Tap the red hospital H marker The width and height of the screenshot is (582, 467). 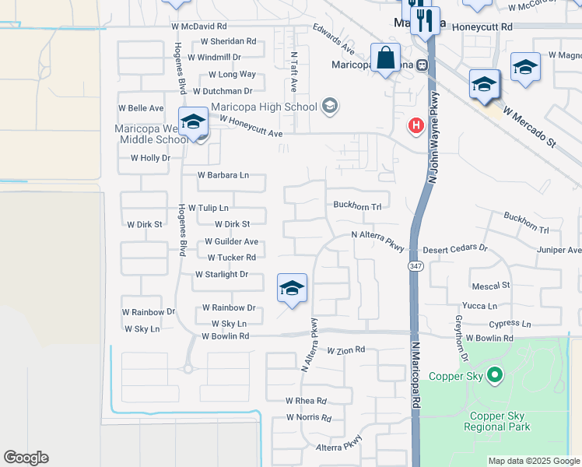coord(416,125)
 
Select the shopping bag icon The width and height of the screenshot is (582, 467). coord(386,58)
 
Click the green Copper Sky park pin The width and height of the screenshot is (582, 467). coord(495,377)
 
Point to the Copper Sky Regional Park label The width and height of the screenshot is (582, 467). coord(496,421)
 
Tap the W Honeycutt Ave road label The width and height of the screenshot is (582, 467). coord(251,126)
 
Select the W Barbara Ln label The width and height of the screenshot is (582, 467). coord(223,176)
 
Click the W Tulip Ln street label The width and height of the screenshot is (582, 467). coord(203,208)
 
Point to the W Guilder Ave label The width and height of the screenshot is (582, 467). coord(232,242)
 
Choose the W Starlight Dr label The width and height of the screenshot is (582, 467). coord(222,274)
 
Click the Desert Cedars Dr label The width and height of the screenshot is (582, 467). coord(455,249)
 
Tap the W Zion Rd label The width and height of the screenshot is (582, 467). coord(345,351)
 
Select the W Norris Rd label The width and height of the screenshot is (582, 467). coord(309,417)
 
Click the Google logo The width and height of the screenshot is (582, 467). coord(26,458)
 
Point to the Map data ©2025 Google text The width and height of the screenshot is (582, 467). coord(533,461)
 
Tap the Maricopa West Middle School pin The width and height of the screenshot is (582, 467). coord(193,122)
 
